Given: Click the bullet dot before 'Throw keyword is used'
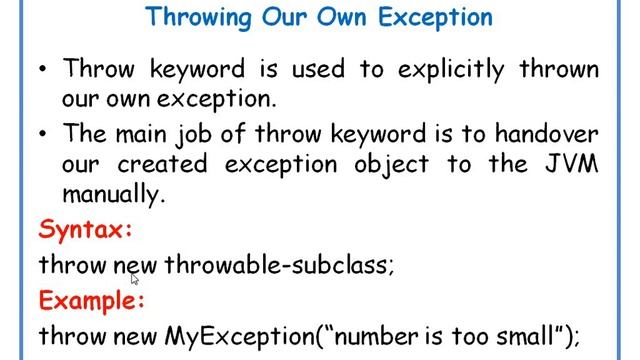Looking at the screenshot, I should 43,70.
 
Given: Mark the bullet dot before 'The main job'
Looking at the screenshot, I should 43,134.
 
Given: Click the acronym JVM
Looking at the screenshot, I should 569,165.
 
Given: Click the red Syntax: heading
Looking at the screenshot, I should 86,230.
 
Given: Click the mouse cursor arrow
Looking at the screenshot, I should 134,281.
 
